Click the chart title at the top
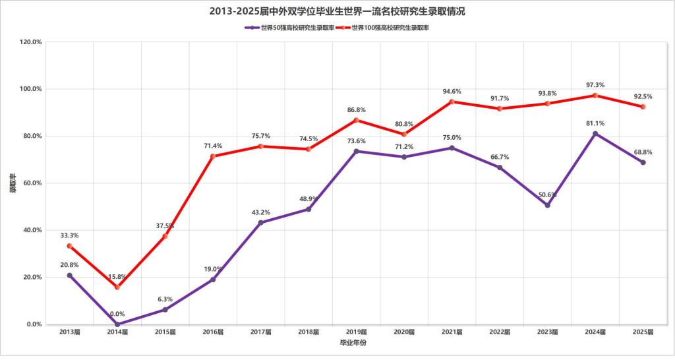coord(337,11)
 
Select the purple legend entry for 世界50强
coord(289,28)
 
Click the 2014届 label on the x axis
coord(117,332)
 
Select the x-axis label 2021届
coord(452,332)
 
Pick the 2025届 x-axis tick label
coord(643,332)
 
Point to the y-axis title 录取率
coord(12,183)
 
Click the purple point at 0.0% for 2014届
coord(117,324)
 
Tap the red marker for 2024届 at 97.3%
coord(595,96)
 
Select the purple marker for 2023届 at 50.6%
coord(547,205)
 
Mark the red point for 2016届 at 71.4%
coord(213,156)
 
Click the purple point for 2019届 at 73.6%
coord(357,151)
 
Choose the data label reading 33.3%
coord(69,235)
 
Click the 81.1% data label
coord(595,123)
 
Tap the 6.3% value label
coord(165,299)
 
